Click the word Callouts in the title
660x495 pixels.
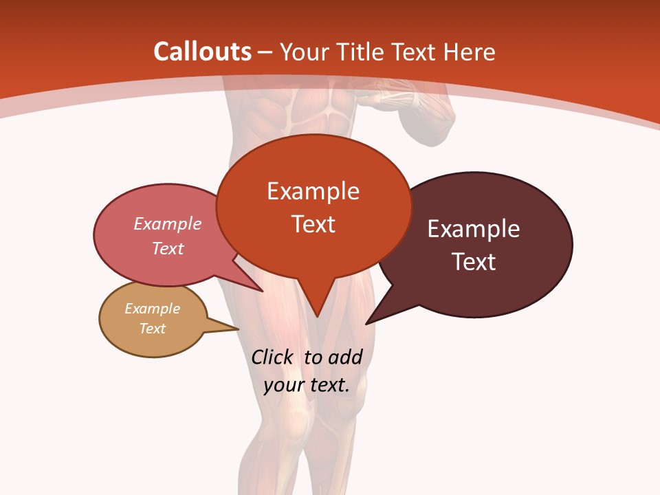[202, 52]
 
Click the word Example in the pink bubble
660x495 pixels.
[167, 223]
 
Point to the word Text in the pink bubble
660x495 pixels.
[167, 248]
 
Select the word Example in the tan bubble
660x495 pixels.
[152, 309]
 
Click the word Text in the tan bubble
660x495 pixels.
[152, 329]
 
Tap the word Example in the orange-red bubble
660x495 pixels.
[313, 191]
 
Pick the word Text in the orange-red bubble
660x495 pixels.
[313, 224]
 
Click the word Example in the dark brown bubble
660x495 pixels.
[474, 229]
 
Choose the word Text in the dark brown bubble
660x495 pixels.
[474, 262]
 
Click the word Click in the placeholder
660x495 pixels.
[272, 357]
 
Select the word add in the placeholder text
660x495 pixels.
[344, 357]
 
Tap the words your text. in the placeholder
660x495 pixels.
[307, 385]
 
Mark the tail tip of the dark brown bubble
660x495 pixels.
[366, 323]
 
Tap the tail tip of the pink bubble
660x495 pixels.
[262, 291]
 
